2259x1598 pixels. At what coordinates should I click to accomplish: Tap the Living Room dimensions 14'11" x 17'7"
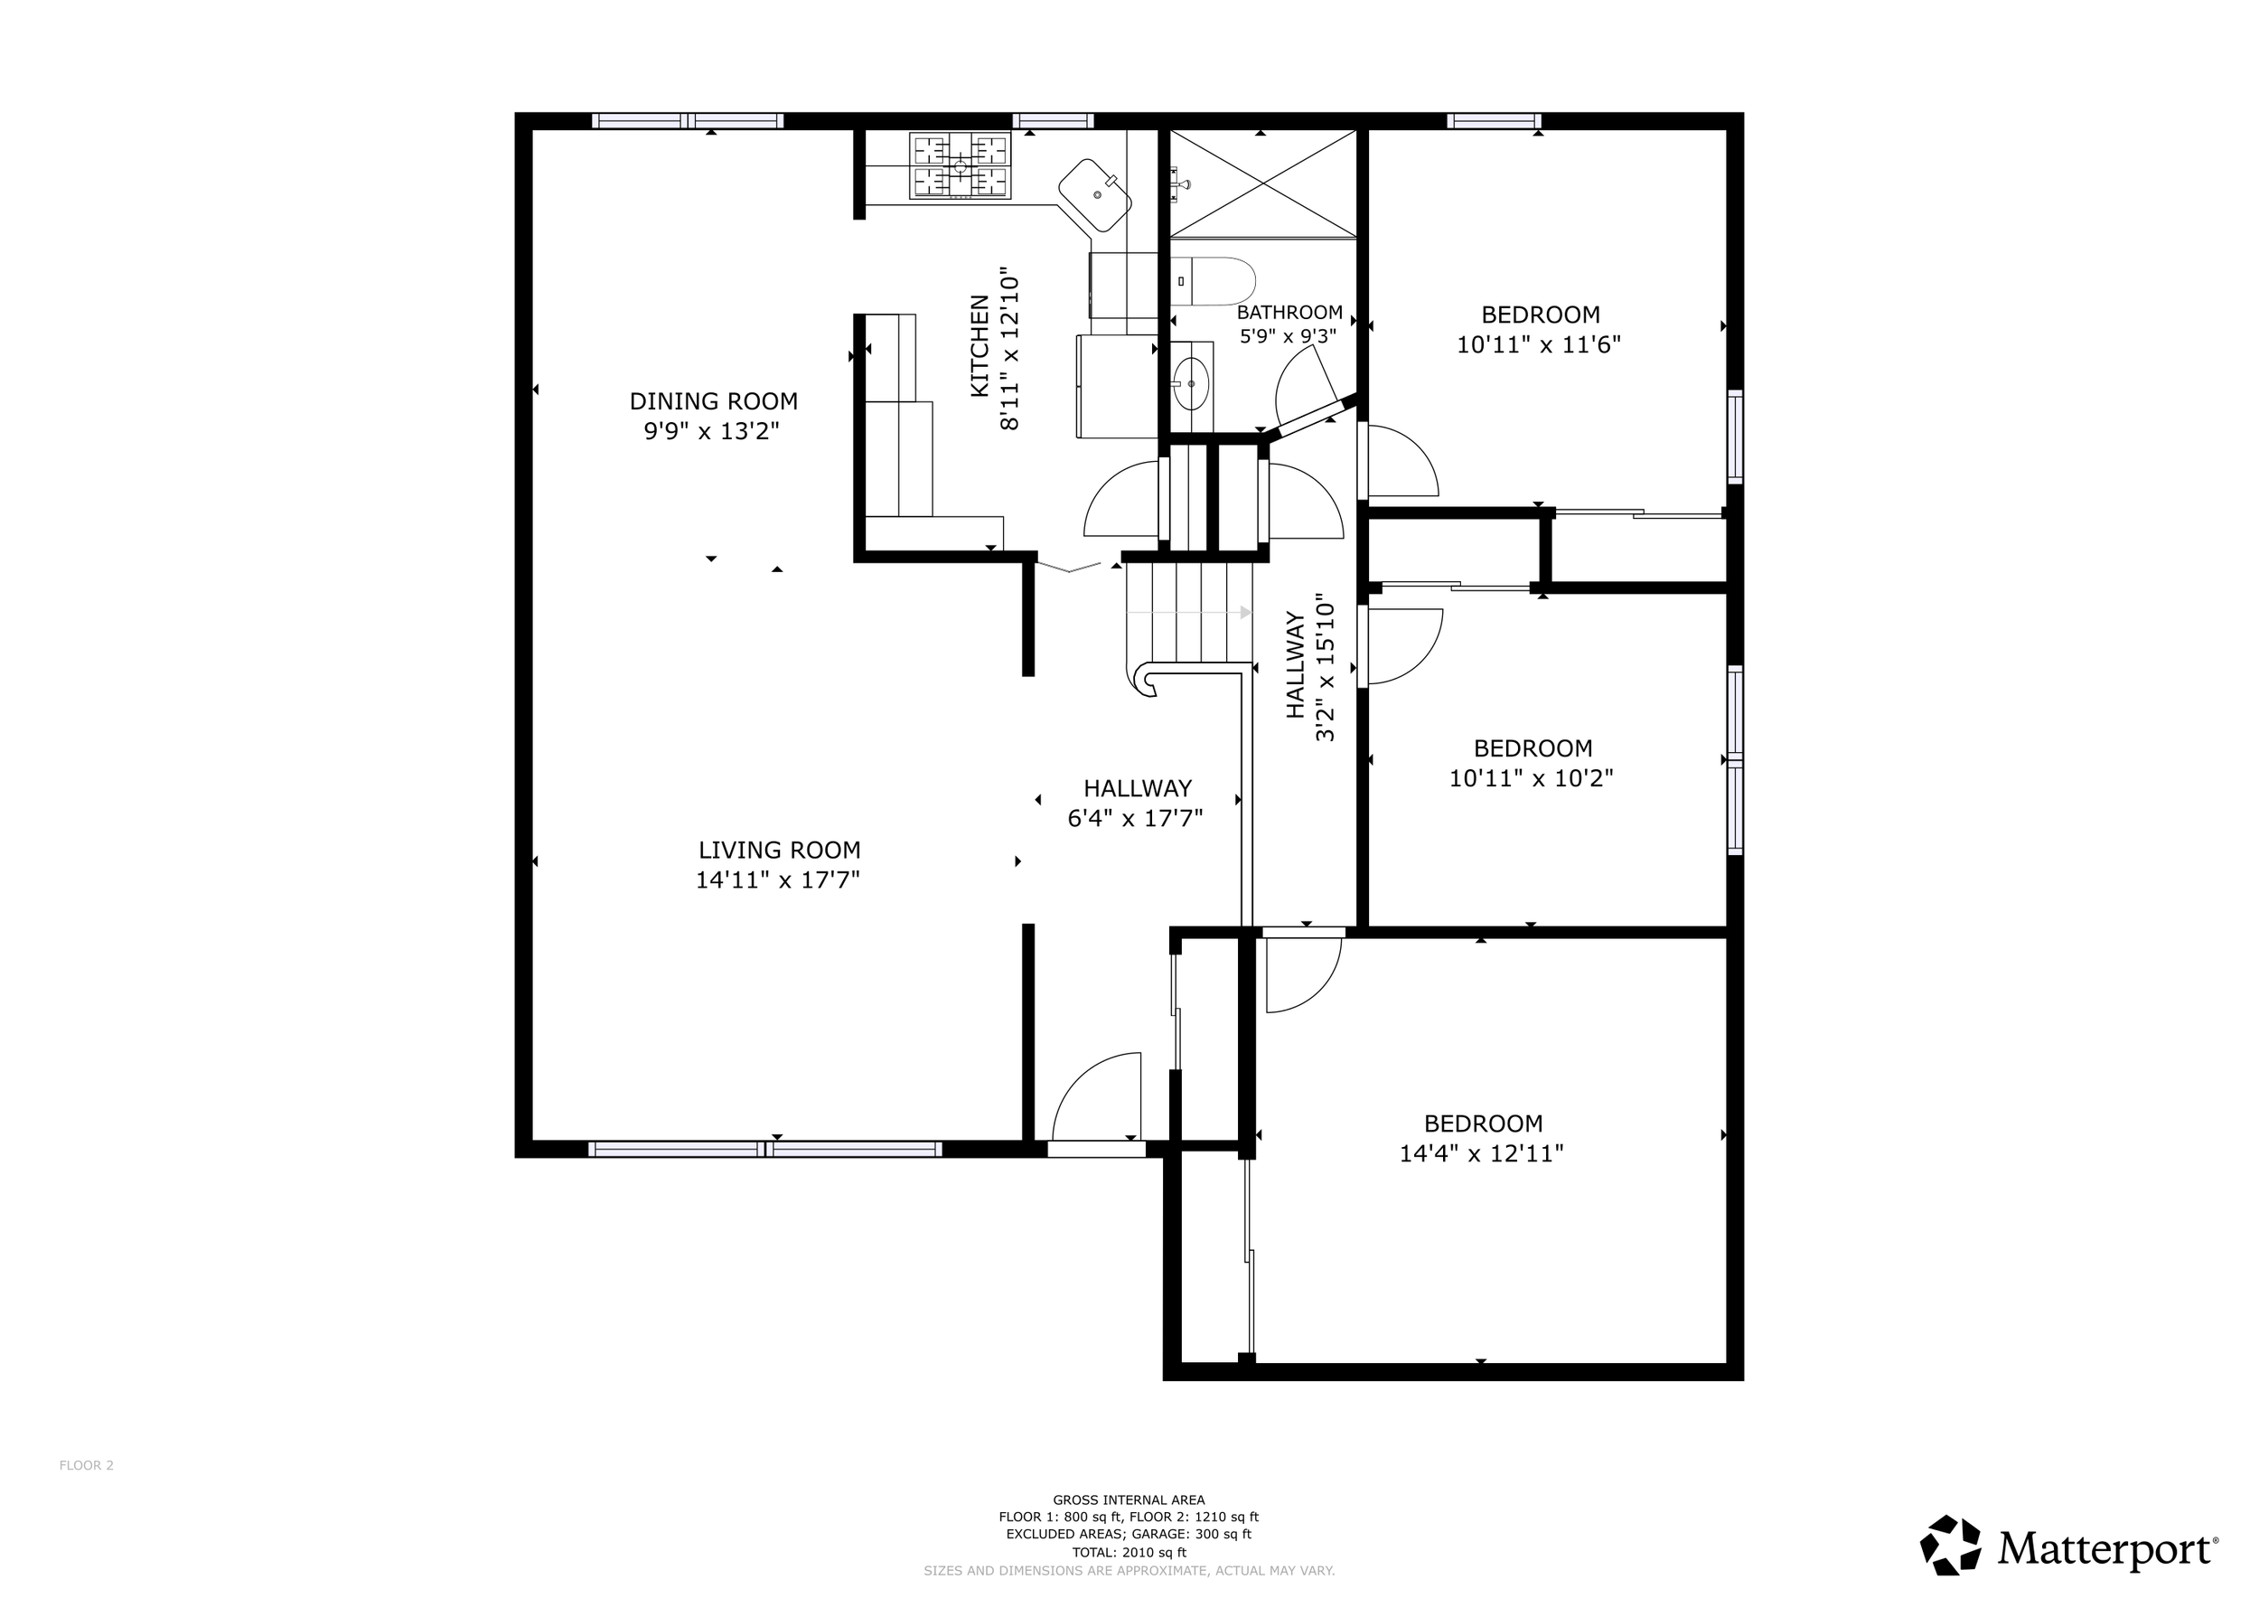pos(777,879)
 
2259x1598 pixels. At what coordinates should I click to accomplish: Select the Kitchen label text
pos(980,346)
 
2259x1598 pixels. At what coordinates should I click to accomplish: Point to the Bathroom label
pos(1289,313)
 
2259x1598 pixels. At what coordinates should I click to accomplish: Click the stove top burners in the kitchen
pos(960,166)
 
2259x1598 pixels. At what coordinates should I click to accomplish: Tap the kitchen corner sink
pos(1096,196)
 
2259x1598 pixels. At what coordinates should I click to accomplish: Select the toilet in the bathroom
pos(1214,281)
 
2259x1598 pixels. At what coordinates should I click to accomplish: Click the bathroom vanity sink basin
pos(1192,384)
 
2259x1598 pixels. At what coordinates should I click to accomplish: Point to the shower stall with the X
pos(1263,184)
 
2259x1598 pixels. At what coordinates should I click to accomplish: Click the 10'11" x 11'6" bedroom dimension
pos(1539,345)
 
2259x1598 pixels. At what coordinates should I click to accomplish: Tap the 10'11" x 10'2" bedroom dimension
pos(1531,778)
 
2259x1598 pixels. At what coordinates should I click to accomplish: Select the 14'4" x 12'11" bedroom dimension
pos(1482,1153)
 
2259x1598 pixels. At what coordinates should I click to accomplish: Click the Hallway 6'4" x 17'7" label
pos(1137,803)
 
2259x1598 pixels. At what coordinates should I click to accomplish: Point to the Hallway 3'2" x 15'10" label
pos(1309,666)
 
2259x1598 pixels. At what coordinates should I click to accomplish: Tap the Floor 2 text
pos(87,1465)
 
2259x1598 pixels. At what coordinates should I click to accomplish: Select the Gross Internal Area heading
pos(1129,1500)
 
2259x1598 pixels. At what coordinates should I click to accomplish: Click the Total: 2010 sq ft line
pos(1129,1553)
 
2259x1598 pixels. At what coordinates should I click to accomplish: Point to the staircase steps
pos(1188,612)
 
